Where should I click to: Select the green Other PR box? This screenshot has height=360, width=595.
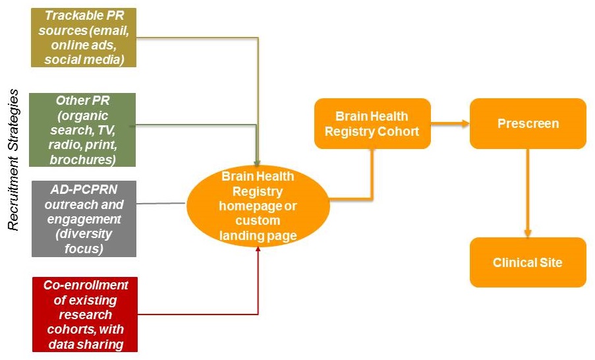[83, 129]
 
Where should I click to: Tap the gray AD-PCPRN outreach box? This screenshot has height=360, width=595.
[83, 218]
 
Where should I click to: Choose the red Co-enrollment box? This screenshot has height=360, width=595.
[83, 315]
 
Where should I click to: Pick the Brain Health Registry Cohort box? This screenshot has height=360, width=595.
[372, 123]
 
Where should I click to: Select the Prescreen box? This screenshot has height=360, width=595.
[527, 123]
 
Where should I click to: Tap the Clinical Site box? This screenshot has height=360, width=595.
[527, 262]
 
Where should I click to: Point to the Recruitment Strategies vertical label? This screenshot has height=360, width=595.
[13, 161]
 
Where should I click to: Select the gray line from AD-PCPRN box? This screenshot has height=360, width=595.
[161, 203]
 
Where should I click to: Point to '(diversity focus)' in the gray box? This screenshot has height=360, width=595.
[83, 241]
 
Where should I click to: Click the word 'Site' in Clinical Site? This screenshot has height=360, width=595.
[550, 262]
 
